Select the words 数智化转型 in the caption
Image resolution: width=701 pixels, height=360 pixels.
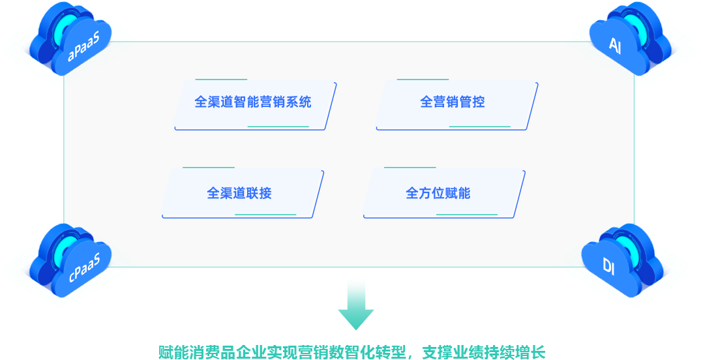pyautogui.click(x=366, y=352)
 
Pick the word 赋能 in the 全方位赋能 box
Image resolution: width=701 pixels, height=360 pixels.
pyautogui.click(x=455, y=194)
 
